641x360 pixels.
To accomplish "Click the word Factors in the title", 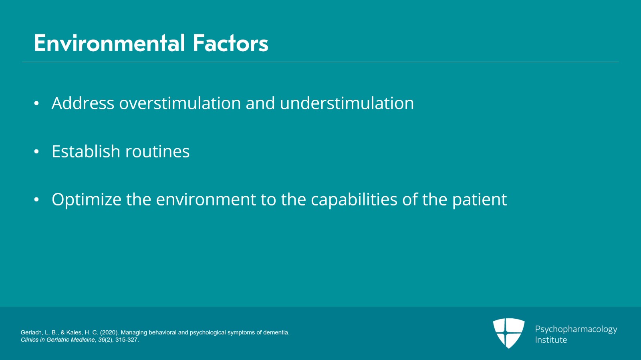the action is [x=231, y=43].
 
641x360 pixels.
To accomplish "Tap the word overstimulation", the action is [x=180, y=103].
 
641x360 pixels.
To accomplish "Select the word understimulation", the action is [x=347, y=103].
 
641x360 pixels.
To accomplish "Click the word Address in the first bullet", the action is [x=83, y=103].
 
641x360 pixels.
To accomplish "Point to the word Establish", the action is [x=86, y=151].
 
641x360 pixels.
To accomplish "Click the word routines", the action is [x=157, y=151].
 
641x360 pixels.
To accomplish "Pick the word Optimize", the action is [x=87, y=200].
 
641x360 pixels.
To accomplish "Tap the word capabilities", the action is [x=354, y=200].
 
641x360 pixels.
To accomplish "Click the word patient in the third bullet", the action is [x=480, y=200].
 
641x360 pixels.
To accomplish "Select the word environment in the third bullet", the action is [x=206, y=199].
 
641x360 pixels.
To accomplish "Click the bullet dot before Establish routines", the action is [x=36, y=151].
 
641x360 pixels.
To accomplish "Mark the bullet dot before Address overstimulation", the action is [x=36, y=103].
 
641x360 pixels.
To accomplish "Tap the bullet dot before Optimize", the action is [x=36, y=199].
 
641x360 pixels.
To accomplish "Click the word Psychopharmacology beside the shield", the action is [x=576, y=330].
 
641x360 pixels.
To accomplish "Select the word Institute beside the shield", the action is [x=551, y=340].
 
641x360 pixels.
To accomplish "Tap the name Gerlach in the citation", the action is [x=31, y=332].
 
